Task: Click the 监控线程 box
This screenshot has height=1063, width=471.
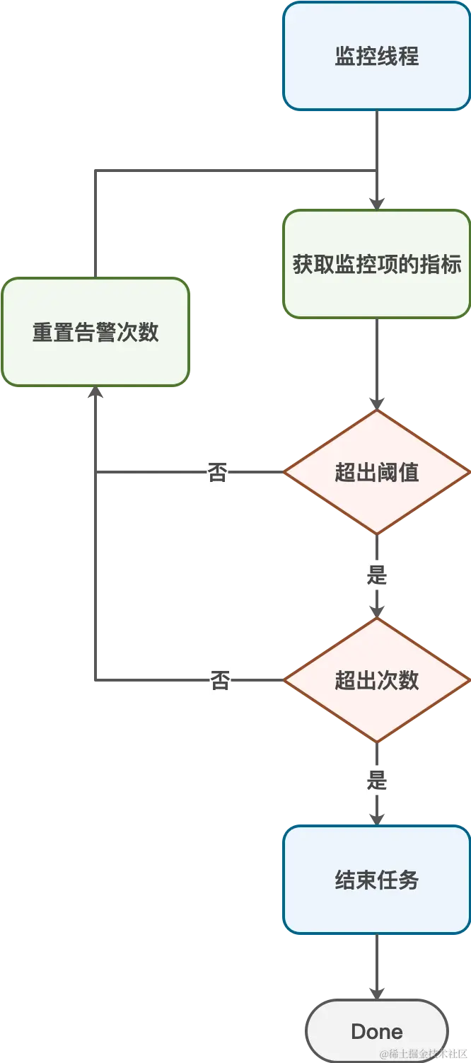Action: (x=376, y=56)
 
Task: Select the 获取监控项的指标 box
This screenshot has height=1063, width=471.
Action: (x=376, y=264)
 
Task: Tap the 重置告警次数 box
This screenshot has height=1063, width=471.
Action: (x=95, y=332)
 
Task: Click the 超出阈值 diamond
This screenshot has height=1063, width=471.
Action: (x=376, y=472)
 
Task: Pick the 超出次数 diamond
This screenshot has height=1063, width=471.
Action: (x=376, y=680)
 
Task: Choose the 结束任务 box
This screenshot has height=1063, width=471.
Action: (x=376, y=880)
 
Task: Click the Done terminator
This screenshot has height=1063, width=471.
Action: (x=376, y=1031)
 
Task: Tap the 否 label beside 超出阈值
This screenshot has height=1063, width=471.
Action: (x=217, y=472)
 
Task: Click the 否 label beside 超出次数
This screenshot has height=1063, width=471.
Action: (x=220, y=680)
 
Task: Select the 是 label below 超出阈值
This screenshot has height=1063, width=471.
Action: (x=376, y=574)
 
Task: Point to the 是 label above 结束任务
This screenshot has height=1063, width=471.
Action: (x=376, y=781)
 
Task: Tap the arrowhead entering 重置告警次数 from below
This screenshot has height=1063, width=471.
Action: (x=95, y=394)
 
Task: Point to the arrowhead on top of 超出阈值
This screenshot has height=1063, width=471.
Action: (x=376, y=403)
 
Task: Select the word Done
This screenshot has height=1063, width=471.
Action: (x=376, y=1031)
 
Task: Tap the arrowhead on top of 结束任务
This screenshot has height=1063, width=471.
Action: (x=376, y=817)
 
